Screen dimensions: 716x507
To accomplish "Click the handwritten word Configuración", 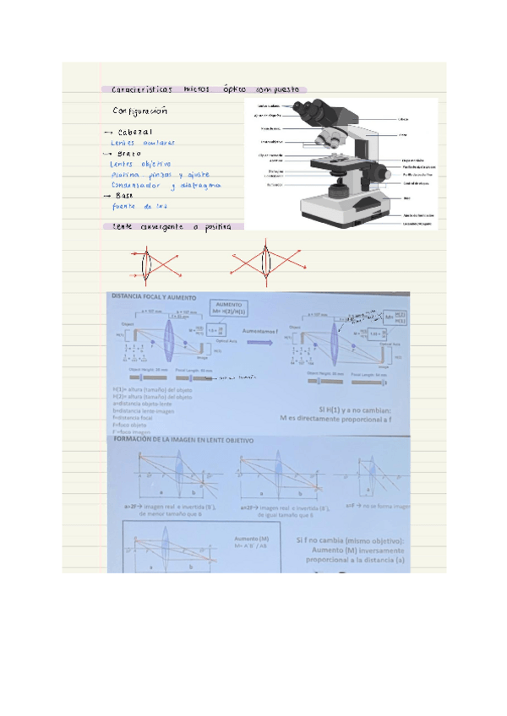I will click(139, 111).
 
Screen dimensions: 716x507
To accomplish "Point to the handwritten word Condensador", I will click(138, 185).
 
